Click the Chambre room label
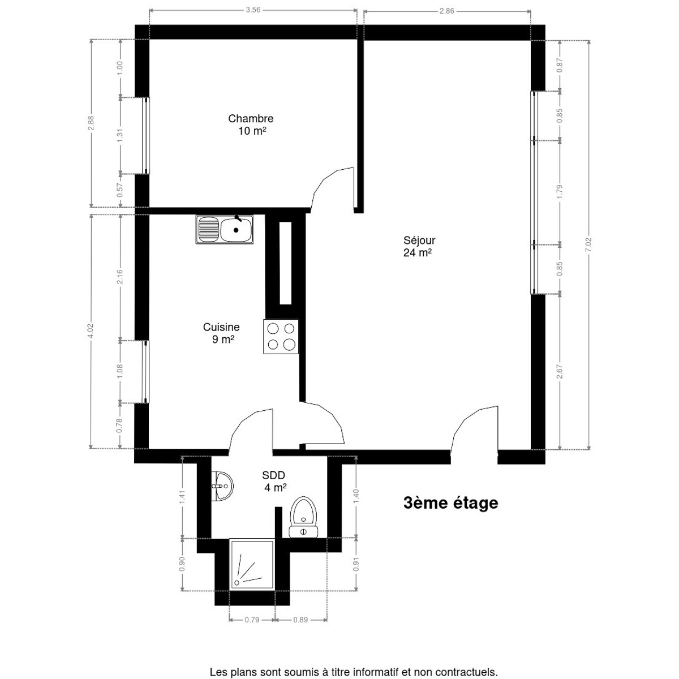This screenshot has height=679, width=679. click(x=251, y=124)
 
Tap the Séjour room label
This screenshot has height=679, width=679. click(x=419, y=246)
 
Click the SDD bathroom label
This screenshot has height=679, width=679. click(x=274, y=481)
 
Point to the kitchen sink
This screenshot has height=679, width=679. click(x=225, y=229)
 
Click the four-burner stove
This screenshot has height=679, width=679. click(x=281, y=337)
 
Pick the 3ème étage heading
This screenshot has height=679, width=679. click(x=450, y=502)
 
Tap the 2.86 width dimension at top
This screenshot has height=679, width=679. click(x=447, y=10)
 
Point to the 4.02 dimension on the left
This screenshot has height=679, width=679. click(x=91, y=330)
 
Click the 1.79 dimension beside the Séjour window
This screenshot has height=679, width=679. click(x=560, y=192)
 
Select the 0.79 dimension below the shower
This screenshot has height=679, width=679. click(x=252, y=620)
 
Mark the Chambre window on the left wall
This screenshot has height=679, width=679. click(x=146, y=135)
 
